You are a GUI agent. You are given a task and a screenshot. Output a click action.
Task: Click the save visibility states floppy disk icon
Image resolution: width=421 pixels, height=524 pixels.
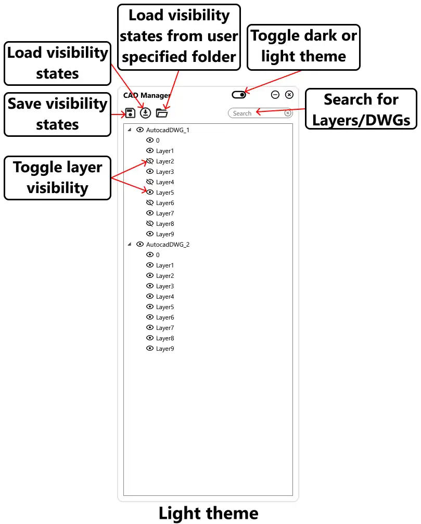(x=130, y=113)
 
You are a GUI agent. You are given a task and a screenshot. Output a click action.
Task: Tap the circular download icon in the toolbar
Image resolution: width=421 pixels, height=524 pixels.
(x=145, y=113)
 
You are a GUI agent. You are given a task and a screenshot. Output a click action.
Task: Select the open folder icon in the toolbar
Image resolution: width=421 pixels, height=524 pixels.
(x=162, y=113)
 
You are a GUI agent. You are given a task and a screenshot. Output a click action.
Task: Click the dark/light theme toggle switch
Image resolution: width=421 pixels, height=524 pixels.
(x=239, y=95)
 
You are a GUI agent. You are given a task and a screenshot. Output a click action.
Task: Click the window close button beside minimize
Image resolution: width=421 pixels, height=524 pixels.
(x=289, y=95)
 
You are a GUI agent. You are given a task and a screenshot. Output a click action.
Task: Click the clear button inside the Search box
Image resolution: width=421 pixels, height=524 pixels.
(x=288, y=113)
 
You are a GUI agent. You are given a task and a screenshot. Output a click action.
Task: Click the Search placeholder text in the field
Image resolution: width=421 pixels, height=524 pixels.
(x=242, y=113)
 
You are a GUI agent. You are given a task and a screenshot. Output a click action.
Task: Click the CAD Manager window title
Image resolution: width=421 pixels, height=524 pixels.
(x=147, y=96)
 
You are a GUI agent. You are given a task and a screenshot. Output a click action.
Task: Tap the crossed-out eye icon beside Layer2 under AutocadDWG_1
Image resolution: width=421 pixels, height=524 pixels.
(x=150, y=161)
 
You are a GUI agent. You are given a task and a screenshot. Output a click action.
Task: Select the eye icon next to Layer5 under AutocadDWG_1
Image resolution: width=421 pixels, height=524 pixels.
(x=150, y=192)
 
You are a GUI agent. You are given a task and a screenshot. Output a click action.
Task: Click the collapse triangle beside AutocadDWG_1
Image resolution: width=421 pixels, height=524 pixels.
(x=130, y=130)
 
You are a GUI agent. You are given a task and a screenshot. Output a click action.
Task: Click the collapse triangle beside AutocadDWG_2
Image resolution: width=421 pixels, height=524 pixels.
(x=130, y=244)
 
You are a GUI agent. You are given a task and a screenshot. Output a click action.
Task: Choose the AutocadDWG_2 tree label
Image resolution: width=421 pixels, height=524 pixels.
(x=168, y=245)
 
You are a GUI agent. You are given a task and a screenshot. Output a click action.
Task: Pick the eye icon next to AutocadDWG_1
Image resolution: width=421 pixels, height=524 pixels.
(x=140, y=130)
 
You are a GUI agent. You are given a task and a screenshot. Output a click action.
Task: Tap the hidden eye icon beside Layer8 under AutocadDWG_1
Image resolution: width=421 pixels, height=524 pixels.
(x=150, y=224)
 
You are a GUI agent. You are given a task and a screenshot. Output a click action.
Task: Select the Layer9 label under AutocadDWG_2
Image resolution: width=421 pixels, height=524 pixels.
(x=165, y=349)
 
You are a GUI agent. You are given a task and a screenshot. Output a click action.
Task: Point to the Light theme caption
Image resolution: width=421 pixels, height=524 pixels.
(x=209, y=513)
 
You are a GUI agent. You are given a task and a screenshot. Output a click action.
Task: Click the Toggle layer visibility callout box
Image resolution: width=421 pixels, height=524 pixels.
(x=57, y=178)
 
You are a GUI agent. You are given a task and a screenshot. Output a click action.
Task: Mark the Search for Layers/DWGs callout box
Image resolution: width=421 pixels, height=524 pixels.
(x=361, y=109)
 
